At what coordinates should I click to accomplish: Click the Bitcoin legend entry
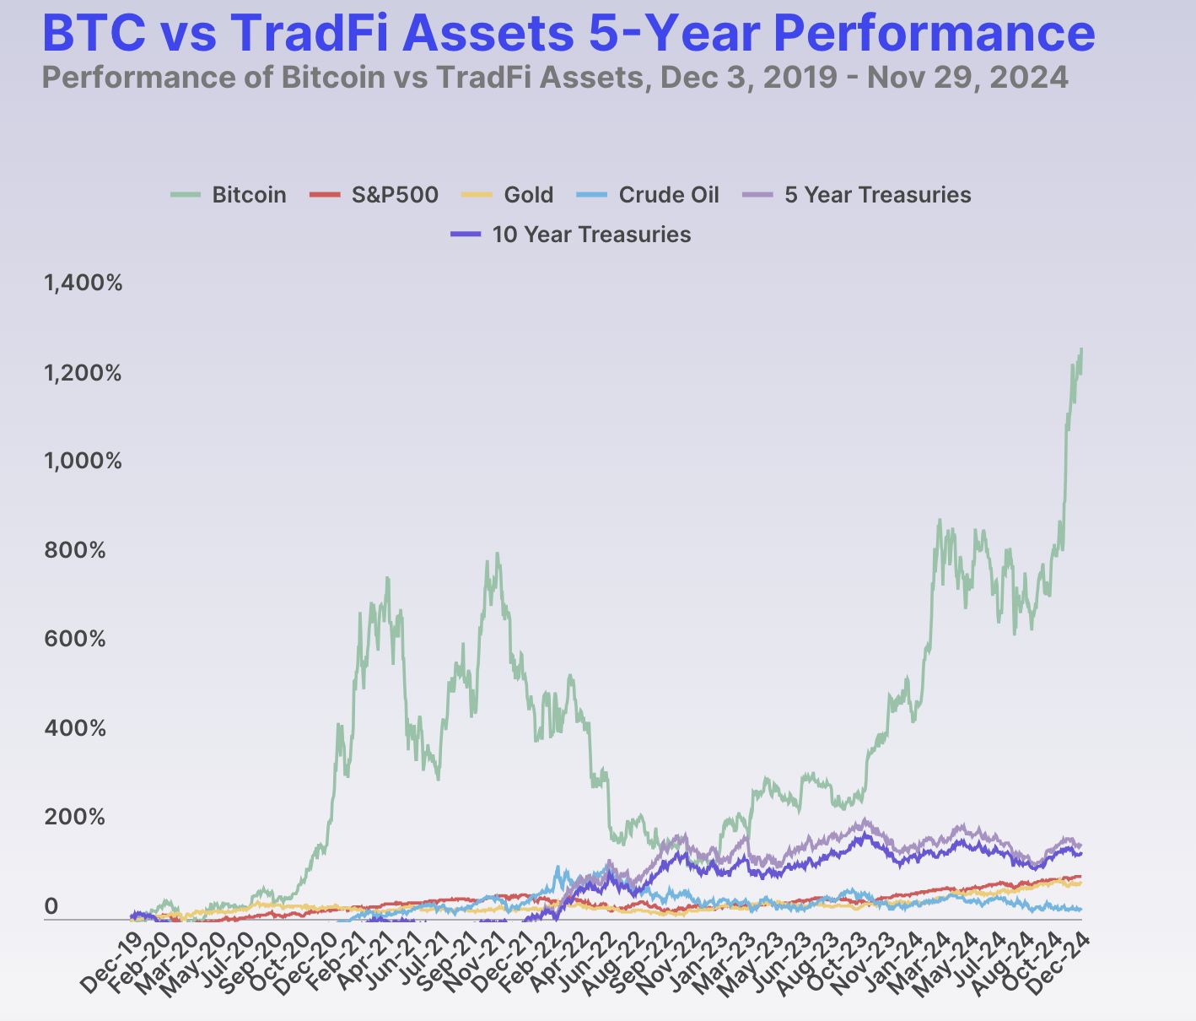[x=229, y=195]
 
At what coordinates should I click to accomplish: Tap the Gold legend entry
[x=508, y=195]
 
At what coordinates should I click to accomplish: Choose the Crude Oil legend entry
[x=648, y=195]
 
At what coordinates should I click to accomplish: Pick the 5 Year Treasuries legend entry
[x=857, y=195]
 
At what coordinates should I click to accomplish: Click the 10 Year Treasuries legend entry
[x=570, y=235]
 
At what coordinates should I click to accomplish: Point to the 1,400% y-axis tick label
[x=84, y=283]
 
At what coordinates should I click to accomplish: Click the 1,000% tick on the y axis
[x=84, y=462]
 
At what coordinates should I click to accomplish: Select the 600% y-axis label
[x=75, y=639]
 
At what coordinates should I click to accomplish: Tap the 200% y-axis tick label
[x=74, y=818]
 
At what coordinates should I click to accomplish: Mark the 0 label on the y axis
[x=51, y=906]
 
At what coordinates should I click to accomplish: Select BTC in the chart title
[x=94, y=32]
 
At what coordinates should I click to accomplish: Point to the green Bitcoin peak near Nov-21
[x=497, y=554]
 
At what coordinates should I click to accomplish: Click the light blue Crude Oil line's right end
[x=1080, y=910]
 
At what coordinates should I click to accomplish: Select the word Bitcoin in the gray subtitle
[x=333, y=78]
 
